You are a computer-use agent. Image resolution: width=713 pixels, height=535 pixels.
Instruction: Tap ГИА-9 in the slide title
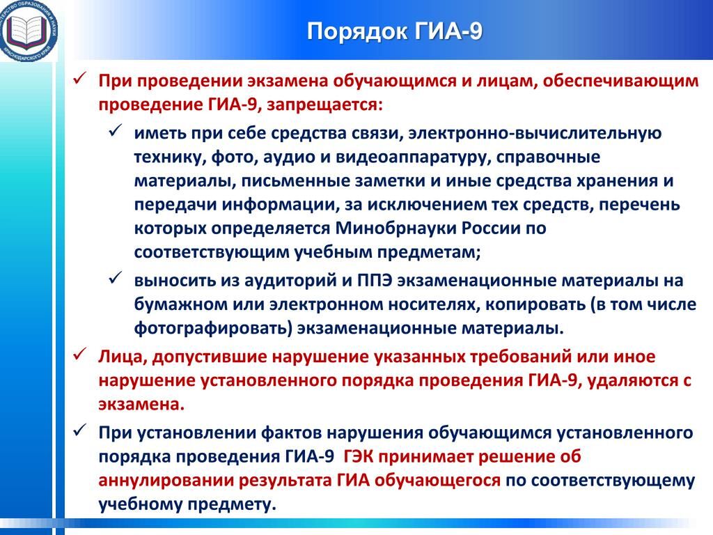[448, 32]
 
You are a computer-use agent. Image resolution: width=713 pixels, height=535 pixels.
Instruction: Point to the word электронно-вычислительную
[535, 133]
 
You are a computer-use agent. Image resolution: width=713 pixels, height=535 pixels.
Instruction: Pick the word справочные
[548, 157]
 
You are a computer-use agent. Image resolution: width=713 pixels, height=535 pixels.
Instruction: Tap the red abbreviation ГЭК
[359, 456]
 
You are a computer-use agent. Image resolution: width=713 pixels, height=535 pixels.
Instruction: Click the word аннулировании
[166, 481]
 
